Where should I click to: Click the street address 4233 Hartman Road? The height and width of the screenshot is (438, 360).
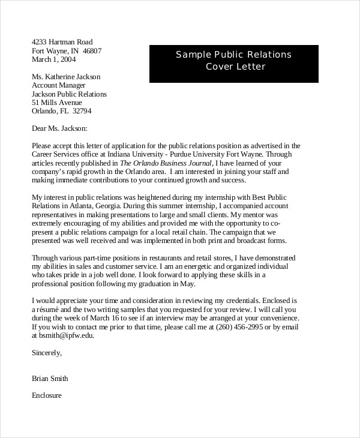coord(62,42)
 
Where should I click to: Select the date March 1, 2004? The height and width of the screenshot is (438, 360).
coord(54,59)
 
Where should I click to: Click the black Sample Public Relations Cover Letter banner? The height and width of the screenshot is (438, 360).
coord(233,61)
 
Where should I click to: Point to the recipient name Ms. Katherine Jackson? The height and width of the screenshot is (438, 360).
coord(65,77)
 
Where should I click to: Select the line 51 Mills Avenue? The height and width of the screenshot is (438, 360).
coord(58,103)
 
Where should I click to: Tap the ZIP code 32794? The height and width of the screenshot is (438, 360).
coord(81,111)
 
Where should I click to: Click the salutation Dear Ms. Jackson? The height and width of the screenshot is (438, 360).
coord(59,128)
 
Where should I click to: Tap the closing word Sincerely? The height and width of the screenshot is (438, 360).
coord(47,353)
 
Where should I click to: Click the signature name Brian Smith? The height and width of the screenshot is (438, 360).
coord(50,379)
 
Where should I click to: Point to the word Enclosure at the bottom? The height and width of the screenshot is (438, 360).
coord(47,396)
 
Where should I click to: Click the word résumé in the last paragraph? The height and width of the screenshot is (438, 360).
coord(50,310)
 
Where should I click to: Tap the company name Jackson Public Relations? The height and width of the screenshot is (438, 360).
coord(69,94)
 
